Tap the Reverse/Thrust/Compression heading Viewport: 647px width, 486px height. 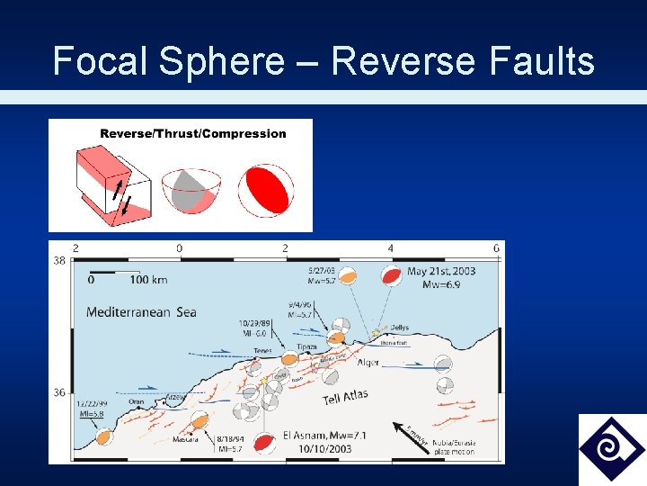(x=193, y=134)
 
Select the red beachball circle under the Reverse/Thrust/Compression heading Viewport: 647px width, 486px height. (x=265, y=189)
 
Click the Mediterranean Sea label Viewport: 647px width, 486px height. (x=141, y=312)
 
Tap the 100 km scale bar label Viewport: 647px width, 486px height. (x=148, y=280)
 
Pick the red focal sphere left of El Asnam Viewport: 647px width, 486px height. (x=264, y=443)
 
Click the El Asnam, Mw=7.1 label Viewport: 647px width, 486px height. (x=324, y=436)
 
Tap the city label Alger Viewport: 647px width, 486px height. (x=368, y=362)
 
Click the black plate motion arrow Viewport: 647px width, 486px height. (x=402, y=430)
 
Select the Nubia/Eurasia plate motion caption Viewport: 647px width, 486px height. (x=455, y=446)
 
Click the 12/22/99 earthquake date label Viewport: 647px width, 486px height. (x=92, y=404)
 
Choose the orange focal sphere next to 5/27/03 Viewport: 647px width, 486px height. (x=346, y=274)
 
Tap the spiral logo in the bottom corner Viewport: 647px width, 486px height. (x=611, y=448)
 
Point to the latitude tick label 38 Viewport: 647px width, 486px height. (x=58, y=260)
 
